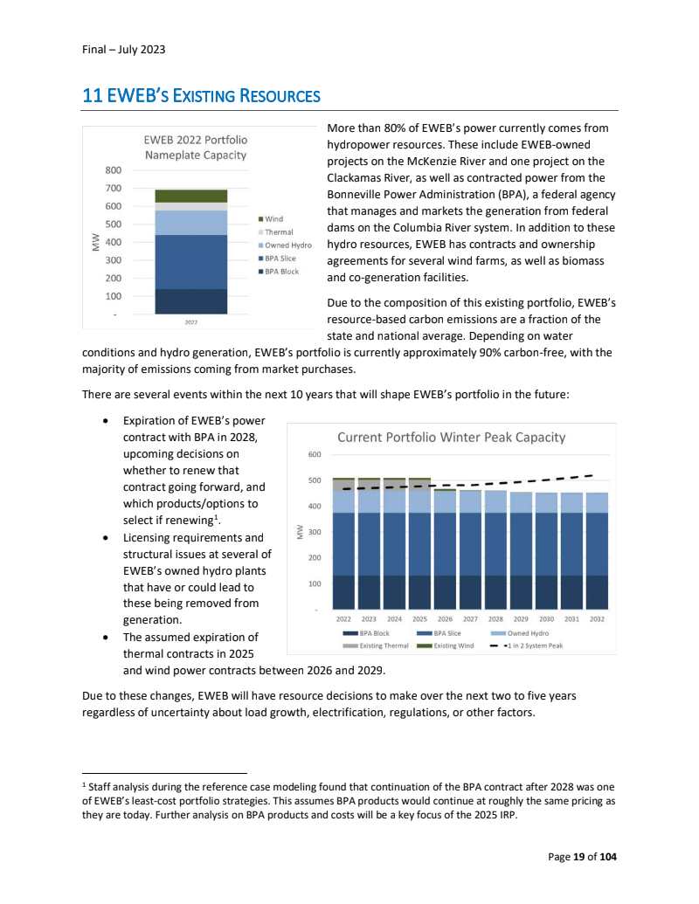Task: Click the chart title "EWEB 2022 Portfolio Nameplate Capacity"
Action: pyautogui.click(x=195, y=147)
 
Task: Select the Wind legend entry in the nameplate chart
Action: pyautogui.click(x=273, y=218)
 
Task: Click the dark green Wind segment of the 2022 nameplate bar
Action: pyautogui.click(x=190, y=196)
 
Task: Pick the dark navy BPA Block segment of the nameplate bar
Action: pyautogui.click(x=190, y=300)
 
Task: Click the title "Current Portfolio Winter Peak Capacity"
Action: pyautogui.click(x=451, y=437)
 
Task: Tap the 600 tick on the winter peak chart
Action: pyautogui.click(x=315, y=455)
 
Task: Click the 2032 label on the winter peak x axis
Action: pyautogui.click(x=597, y=618)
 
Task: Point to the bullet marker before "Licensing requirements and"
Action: pyautogui.click(x=106, y=538)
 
